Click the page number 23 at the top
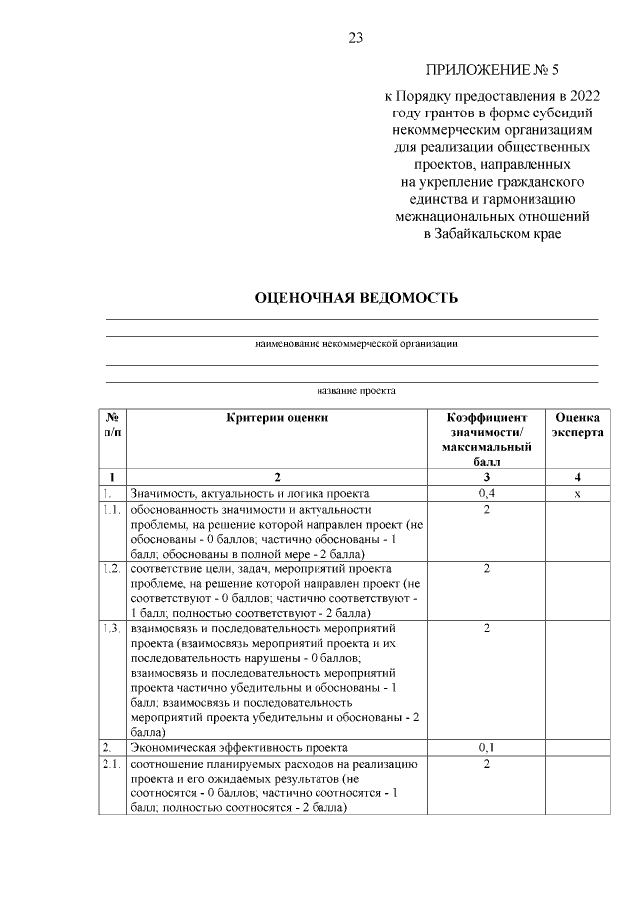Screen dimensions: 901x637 (x=356, y=38)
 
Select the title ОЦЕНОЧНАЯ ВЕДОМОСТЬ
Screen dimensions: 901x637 (x=355, y=297)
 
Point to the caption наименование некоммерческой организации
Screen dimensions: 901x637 (x=355, y=343)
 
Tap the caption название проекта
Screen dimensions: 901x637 (x=355, y=391)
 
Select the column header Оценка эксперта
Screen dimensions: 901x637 (x=577, y=426)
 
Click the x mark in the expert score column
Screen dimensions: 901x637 (x=577, y=493)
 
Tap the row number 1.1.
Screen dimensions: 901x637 (x=111, y=510)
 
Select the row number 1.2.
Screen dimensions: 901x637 (x=111, y=568)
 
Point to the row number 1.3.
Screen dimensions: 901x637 (x=111, y=628)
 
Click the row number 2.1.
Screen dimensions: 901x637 (x=111, y=764)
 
